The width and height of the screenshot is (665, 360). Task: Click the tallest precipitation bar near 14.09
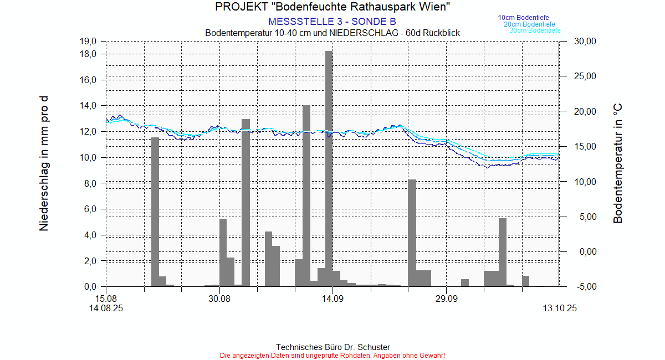(x=329, y=166)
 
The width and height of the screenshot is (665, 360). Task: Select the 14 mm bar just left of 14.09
(x=306, y=194)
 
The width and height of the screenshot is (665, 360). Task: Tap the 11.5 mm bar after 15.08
(x=155, y=210)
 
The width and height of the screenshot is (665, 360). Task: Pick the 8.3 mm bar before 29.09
(x=412, y=233)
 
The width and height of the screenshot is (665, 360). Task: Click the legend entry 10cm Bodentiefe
(x=523, y=18)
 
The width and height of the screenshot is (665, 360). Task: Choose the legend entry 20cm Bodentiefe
(x=529, y=24)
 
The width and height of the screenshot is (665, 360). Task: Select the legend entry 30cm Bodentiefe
(x=535, y=30)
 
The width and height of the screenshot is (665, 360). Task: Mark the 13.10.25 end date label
(x=560, y=308)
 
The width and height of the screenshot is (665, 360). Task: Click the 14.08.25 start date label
(x=106, y=308)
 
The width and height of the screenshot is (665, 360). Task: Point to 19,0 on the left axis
(x=89, y=42)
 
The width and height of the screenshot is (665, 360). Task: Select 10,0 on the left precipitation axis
(x=89, y=158)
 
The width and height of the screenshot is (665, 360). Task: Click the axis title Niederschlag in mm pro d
(x=44, y=163)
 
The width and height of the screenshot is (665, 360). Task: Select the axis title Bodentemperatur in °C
(x=618, y=163)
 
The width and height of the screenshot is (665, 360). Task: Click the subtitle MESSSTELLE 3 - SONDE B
(x=332, y=22)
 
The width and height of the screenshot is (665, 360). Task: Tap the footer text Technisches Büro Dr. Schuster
(x=332, y=347)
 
